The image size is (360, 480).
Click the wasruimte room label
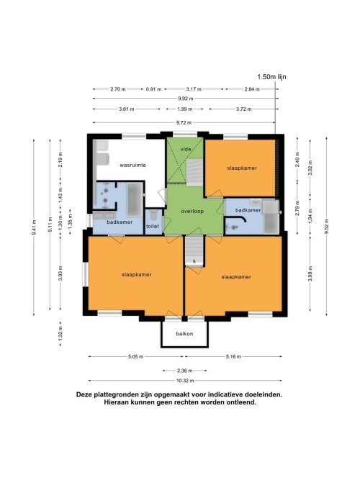[x=132, y=166]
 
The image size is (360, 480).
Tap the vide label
[x=186, y=150]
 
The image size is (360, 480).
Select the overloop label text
[x=192, y=212]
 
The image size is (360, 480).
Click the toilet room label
[x=153, y=226]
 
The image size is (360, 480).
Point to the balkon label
[x=184, y=334]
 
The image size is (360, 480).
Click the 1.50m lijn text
[x=271, y=77]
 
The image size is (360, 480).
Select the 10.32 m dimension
[x=185, y=381]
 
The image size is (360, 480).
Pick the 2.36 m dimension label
[x=185, y=371]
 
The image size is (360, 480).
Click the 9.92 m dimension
[x=186, y=99]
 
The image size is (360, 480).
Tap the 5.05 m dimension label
[x=136, y=356]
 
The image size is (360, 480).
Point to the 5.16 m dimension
[x=233, y=356]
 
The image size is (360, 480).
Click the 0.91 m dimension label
[x=153, y=89]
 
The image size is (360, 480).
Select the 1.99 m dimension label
[x=185, y=109]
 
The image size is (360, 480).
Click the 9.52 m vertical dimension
[x=327, y=227]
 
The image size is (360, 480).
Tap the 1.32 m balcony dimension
[x=60, y=334]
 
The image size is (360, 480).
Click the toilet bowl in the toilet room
[x=153, y=214]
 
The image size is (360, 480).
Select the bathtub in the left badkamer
[x=135, y=199]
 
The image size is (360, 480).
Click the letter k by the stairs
[x=194, y=261]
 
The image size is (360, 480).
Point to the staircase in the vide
[x=195, y=172]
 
